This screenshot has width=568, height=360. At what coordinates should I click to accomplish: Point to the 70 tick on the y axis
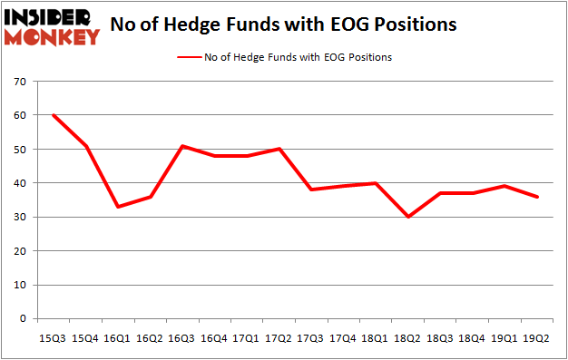(x=22, y=82)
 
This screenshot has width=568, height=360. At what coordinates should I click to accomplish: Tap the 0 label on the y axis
(x=24, y=319)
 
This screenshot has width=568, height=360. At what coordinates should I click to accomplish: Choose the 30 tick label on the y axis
(x=22, y=218)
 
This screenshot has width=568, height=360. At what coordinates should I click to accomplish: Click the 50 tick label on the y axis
(x=22, y=150)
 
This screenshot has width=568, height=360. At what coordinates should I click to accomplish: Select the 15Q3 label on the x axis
(x=52, y=339)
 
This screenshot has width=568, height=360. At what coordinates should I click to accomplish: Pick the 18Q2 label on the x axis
(x=407, y=339)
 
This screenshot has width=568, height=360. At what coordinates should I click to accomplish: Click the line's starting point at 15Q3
(x=53, y=115)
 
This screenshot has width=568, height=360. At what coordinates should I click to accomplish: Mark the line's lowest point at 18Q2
(x=407, y=217)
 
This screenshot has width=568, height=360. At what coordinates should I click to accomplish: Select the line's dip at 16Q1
(x=117, y=207)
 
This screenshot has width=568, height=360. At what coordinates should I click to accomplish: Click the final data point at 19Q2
(x=537, y=197)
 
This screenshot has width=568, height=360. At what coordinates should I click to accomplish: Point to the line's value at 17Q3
(x=311, y=190)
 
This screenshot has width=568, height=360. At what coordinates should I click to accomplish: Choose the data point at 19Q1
(x=504, y=186)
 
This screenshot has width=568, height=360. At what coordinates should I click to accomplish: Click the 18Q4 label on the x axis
(x=473, y=339)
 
